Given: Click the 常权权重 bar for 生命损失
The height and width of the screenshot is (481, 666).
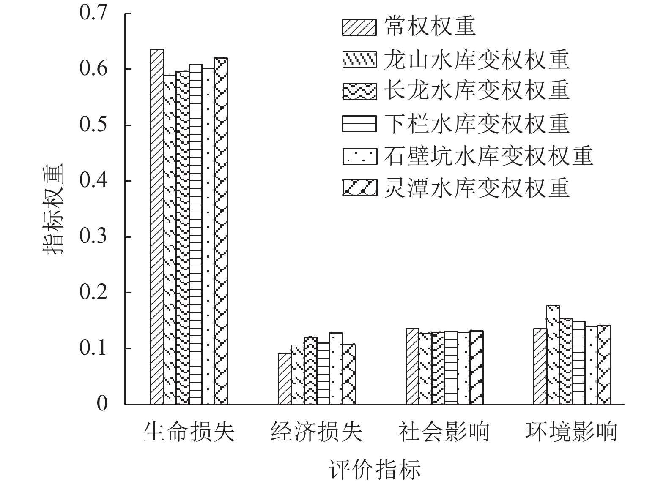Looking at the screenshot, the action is point(157,227).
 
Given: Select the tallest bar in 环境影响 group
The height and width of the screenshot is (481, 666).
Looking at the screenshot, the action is point(553,355).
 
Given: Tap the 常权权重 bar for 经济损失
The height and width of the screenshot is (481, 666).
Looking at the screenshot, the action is point(285,379).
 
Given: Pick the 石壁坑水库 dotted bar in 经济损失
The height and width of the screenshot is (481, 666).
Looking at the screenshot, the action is point(336,369).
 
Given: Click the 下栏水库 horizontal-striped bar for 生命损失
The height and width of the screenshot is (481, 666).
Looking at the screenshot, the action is point(195,234).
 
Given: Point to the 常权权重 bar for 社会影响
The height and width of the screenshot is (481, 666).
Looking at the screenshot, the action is point(413,367).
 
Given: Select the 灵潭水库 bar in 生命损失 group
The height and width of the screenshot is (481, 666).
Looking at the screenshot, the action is point(221,231).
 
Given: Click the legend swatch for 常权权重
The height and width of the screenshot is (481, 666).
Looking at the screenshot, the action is point(359,27).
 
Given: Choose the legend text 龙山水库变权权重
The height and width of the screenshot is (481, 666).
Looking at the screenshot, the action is point(477,60).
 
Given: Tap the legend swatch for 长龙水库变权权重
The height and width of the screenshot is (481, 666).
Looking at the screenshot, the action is point(359,92).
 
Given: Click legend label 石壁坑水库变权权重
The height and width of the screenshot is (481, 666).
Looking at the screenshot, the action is point(489,156).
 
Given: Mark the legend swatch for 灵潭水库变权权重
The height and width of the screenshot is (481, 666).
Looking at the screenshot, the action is point(359,188).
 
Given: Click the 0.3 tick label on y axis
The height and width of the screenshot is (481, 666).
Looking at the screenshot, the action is point(93,236).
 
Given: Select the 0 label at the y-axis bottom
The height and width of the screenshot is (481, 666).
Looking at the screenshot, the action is point(102,404).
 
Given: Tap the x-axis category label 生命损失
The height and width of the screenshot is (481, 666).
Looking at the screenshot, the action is point(189,432).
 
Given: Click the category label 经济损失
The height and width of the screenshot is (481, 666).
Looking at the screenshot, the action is point(317,432).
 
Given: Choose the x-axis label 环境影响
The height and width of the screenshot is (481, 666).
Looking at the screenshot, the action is point(572,432).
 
